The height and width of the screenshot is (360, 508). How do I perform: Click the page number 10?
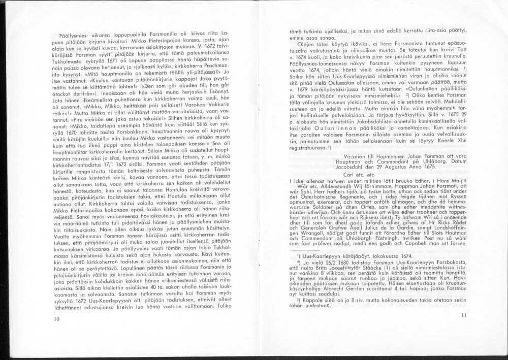tap(55, 319)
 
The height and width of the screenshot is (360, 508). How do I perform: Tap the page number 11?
tap(463, 316)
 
